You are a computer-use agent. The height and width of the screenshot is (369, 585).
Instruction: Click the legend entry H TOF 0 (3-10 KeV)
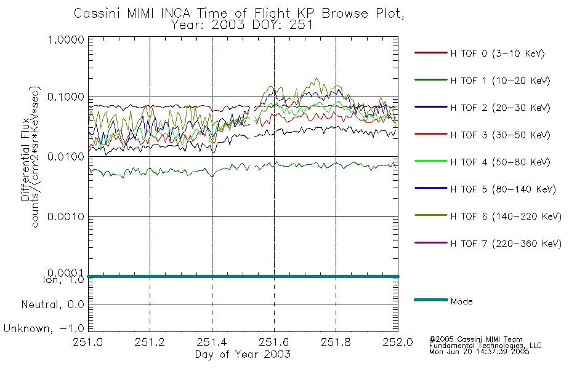click(x=498, y=54)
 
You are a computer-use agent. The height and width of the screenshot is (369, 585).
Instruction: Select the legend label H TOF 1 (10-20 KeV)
click(x=500, y=81)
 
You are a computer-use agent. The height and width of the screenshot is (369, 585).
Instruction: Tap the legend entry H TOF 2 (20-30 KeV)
click(x=500, y=108)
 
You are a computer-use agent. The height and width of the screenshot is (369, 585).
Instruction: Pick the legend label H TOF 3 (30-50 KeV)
click(x=500, y=135)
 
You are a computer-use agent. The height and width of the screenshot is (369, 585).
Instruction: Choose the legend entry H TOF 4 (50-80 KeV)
click(x=500, y=162)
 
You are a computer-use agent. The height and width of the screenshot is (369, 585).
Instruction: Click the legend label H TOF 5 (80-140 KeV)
click(x=503, y=189)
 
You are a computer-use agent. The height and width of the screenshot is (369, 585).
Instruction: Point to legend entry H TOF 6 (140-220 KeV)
click(x=506, y=216)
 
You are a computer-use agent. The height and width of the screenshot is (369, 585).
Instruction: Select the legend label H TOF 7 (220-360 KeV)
click(x=506, y=244)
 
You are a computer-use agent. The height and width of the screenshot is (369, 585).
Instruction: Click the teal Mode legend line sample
click(x=431, y=300)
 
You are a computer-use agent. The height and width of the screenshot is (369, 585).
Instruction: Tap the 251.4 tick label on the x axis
click(x=212, y=342)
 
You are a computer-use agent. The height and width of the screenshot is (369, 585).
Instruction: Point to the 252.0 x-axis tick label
click(x=398, y=342)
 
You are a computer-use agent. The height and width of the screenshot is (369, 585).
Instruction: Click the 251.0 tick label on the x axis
click(x=88, y=342)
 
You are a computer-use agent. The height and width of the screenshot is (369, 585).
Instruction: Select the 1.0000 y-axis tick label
click(x=66, y=39)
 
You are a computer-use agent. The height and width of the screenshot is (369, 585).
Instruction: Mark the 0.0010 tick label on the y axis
click(x=66, y=216)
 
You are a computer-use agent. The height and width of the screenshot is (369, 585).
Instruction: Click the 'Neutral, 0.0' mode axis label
click(x=52, y=304)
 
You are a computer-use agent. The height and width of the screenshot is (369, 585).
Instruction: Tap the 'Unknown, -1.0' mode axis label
click(x=44, y=328)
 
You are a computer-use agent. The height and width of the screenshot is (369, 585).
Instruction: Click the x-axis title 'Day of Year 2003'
click(x=243, y=354)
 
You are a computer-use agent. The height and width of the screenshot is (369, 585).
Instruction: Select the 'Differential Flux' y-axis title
click(x=25, y=159)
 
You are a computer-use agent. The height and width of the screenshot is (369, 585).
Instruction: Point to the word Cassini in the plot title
click(x=98, y=14)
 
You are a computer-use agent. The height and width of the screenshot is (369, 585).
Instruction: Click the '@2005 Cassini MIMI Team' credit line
click(x=476, y=339)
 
